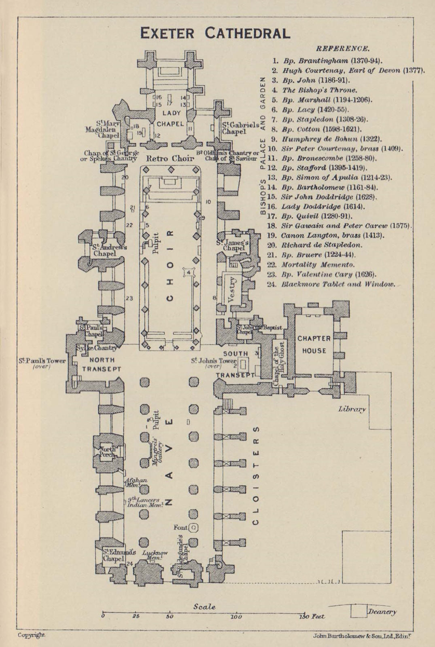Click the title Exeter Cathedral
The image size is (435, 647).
click(x=215, y=33)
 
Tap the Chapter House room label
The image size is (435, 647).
click(x=314, y=345)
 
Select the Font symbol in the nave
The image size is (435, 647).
click(x=194, y=527)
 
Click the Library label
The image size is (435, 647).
click(x=352, y=409)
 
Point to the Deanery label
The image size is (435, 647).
click(x=382, y=612)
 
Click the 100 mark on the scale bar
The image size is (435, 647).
click(x=236, y=617)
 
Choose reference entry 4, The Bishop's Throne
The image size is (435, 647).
click(x=320, y=90)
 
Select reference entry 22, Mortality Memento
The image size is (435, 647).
click(x=318, y=265)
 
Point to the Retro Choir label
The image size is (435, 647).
click(x=170, y=159)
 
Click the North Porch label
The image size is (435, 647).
click(x=108, y=452)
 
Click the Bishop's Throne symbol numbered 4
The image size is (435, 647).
click(x=189, y=273)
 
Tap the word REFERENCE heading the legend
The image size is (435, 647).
click(x=342, y=49)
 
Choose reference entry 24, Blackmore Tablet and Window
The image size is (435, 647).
click(x=338, y=284)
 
